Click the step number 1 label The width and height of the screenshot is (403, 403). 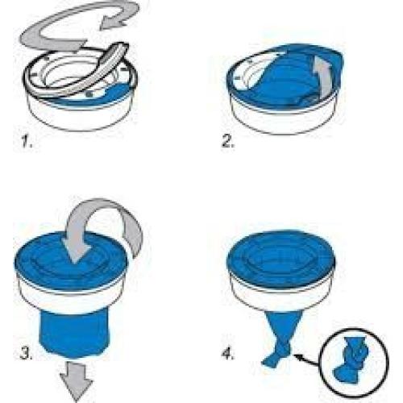27,141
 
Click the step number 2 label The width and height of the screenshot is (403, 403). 228,141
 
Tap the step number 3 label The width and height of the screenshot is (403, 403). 27,353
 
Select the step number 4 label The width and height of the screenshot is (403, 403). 228,353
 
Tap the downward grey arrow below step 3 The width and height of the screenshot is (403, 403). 77,381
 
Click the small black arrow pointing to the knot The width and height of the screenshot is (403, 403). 308,360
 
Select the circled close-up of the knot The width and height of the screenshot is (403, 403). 354,360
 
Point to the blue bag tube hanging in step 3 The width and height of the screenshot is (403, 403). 74,333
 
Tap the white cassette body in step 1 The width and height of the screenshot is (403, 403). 81,114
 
